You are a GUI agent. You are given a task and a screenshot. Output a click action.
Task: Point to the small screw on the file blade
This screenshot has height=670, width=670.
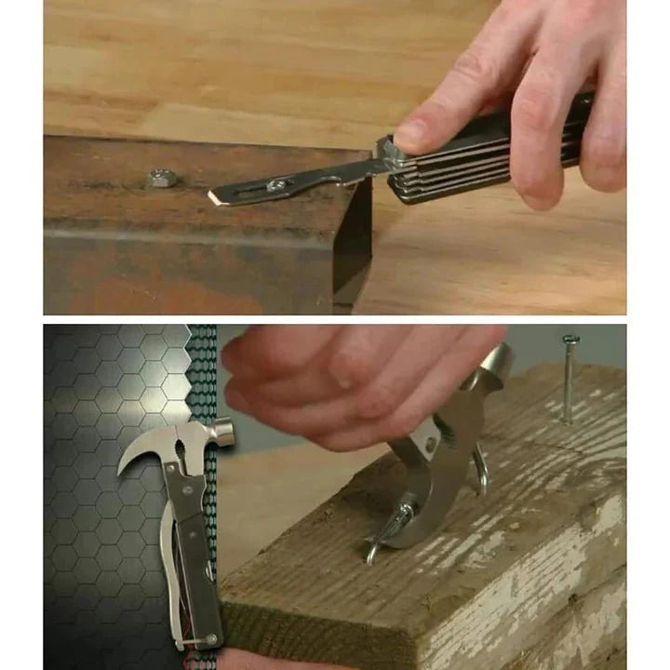(277, 184)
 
